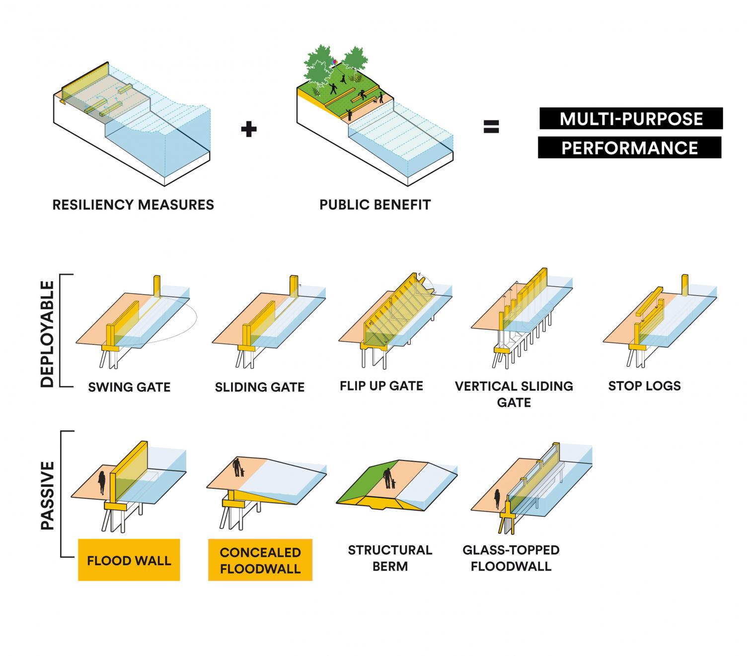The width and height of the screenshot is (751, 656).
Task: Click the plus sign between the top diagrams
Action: click(249, 129)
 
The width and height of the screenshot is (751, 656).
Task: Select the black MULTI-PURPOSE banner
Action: click(631, 119)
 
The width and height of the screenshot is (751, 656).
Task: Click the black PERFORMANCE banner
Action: click(629, 148)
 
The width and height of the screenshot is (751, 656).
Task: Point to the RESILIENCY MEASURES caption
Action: click(133, 205)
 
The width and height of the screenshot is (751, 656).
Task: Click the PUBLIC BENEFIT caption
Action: click(375, 205)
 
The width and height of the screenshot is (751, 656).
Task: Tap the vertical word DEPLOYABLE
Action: click(47, 334)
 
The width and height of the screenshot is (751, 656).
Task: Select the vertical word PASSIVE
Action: click(47, 495)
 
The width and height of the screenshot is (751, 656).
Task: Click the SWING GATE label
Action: click(129, 387)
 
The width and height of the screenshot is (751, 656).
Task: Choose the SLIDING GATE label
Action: click(260, 387)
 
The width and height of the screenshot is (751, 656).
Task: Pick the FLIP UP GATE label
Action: click(381, 386)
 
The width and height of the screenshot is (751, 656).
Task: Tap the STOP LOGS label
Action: click(644, 386)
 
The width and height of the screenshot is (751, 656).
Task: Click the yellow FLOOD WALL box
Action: click(129, 560)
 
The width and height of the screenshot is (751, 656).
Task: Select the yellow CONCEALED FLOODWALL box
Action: click(260, 560)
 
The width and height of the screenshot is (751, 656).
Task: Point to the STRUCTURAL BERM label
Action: click(390, 558)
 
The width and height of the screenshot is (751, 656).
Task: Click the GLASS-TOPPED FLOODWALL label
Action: click(511, 558)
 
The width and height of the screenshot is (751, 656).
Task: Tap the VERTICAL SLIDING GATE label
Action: click(514, 394)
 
